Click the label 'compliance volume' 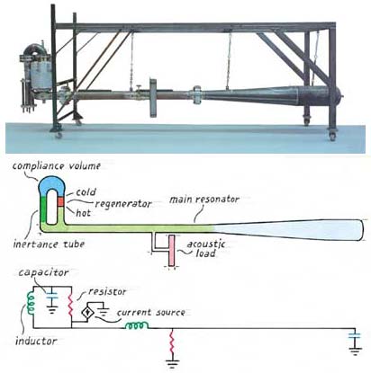(x=56, y=165)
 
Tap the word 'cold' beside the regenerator (x=86, y=192)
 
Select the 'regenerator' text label (x=123, y=204)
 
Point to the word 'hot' (x=83, y=213)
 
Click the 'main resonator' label (x=204, y=200)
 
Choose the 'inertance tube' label (x=49, y=244)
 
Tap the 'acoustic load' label (x=206, y=248)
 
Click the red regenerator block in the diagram (x=61, y=201)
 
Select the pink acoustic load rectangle (x=171, y=251)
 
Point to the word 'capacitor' (x=43, y=272)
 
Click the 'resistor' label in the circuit (x=107, y=291)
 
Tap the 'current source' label (x=150, y=313)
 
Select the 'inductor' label (x=36, y=341)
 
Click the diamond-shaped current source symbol (x=88, y=313)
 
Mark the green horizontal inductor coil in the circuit (x=137, y=325)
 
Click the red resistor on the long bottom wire (x=172, y=343)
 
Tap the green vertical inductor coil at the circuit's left (x=31, y=303)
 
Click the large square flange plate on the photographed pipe (x=153, y=97)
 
